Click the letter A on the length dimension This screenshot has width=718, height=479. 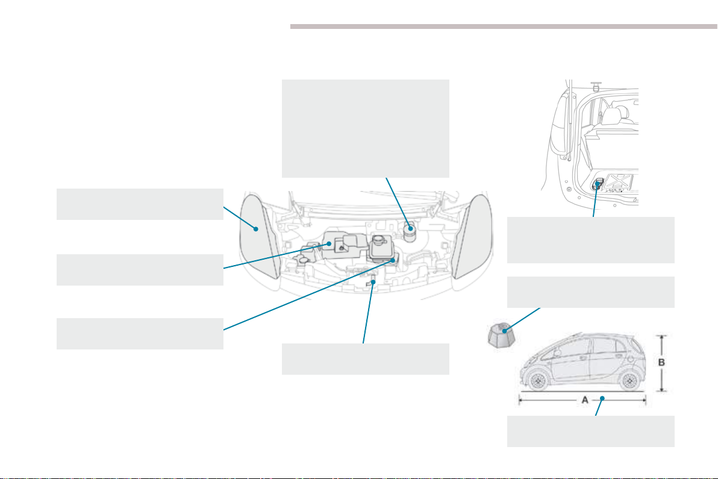[x=585, y=400]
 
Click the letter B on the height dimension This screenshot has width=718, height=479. [x=661, y=362]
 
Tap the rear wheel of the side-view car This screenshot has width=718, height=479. [x=629, y=380]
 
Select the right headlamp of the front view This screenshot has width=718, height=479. [x=472, y=236]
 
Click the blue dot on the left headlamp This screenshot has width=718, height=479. [x=256, y=228]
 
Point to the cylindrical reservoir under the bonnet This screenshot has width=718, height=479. [x=410, y=230]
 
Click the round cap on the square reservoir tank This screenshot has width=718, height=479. [x=379, y=240]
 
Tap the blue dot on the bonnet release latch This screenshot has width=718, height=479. [x=373, y=282]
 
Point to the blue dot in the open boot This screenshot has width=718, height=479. [x=597, y=183]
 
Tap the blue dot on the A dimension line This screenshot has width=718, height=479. [x=603, y=398]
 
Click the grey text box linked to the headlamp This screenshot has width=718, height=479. [x=140, y=204]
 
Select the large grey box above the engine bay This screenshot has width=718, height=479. [x=366, y=129]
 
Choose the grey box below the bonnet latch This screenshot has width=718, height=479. [x=366, y=359]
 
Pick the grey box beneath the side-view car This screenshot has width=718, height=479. [x=591, y=431]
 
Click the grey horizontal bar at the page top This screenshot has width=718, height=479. [x=504, y=27]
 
